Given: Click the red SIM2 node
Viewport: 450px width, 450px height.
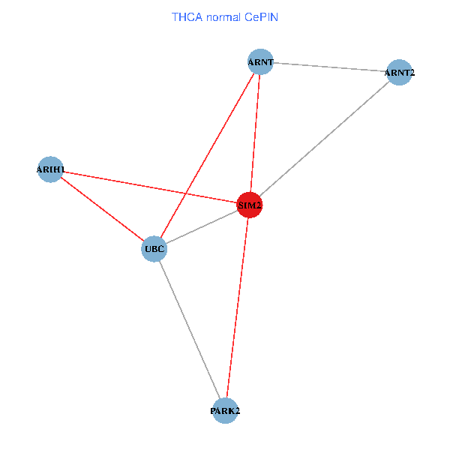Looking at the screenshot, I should pos(250,205).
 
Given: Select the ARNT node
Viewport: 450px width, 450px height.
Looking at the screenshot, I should pos(260,62).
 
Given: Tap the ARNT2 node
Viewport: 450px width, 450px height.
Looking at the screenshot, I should pos(399,73).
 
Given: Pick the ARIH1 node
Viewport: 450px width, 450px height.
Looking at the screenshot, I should pos(49,169).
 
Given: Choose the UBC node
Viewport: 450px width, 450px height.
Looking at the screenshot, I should pos(154,249).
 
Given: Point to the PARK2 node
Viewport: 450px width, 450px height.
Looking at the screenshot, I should pos(225,411).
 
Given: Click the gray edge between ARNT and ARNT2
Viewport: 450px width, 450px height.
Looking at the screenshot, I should pos(330,67).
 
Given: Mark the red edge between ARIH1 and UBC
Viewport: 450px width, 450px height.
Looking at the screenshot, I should pos(101,209).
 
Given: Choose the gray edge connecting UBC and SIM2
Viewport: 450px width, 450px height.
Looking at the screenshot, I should pos(202,226).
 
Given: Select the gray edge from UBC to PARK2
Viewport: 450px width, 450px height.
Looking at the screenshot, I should pos(189,330).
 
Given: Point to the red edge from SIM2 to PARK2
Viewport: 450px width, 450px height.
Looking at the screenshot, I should pos(238,307).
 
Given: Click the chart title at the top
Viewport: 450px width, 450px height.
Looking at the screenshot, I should pos(225,16).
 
